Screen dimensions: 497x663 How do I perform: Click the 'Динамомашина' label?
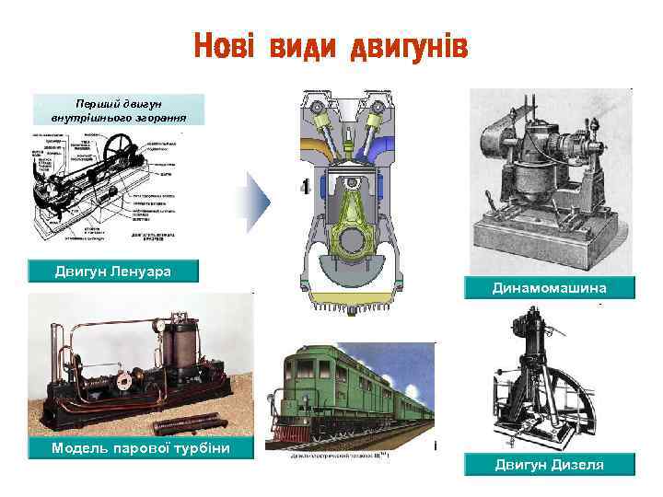550,288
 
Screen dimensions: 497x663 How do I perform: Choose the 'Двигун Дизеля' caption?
550,465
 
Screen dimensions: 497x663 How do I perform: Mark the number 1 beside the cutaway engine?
304,188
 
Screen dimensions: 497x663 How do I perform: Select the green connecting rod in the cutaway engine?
351,216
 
